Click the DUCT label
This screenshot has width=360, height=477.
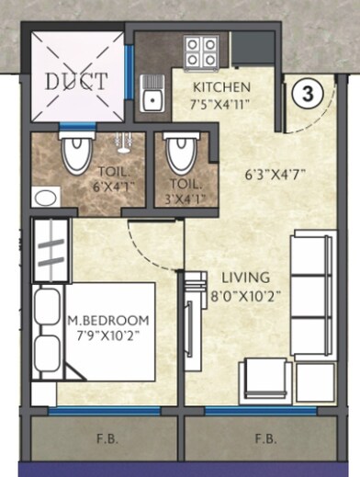click(x=76, y=80)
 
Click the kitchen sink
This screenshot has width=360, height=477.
click(x=153, y=92)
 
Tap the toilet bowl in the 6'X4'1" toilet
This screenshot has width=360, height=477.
click(x=73, y=153)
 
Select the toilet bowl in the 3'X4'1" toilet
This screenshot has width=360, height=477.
click(x=183, y=152)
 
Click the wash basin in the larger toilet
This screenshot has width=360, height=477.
click(x=43, y=197)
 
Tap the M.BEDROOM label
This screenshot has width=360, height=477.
click(x=108, y=320)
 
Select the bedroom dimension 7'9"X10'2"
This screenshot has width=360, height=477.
click(x=108, y=335)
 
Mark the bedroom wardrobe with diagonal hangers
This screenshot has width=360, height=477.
click(x=46, y=249)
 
